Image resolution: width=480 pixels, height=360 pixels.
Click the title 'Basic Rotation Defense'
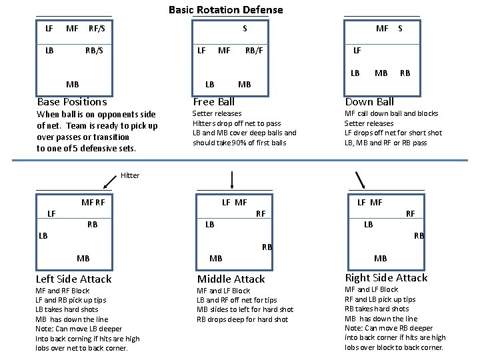225,10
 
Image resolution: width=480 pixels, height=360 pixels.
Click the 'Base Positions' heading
72,102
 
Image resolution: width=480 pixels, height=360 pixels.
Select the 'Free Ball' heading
213,102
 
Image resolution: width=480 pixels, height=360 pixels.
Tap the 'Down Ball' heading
369,102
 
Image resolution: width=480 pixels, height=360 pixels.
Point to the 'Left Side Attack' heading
73,279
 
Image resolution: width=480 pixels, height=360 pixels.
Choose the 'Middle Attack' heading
231,279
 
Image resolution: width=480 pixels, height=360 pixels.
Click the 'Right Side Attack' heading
386,278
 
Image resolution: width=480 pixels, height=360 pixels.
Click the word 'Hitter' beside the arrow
130,175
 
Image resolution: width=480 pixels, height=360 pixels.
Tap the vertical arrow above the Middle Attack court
232,180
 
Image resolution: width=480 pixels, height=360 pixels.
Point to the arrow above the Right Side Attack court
360,180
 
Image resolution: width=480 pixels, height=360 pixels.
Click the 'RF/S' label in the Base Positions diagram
97,28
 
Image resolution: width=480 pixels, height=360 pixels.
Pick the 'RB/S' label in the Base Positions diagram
94,50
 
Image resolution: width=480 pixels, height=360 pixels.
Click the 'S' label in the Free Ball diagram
245,28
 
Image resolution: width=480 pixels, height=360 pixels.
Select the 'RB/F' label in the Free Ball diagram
254,50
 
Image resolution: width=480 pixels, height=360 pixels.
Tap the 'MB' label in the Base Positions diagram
72,85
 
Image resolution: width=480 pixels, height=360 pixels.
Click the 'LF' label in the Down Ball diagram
357,50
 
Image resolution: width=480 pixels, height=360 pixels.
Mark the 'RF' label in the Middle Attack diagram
261,213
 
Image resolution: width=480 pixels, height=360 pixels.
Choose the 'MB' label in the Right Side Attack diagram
380,258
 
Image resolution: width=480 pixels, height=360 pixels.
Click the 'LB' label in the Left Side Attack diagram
43,235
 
